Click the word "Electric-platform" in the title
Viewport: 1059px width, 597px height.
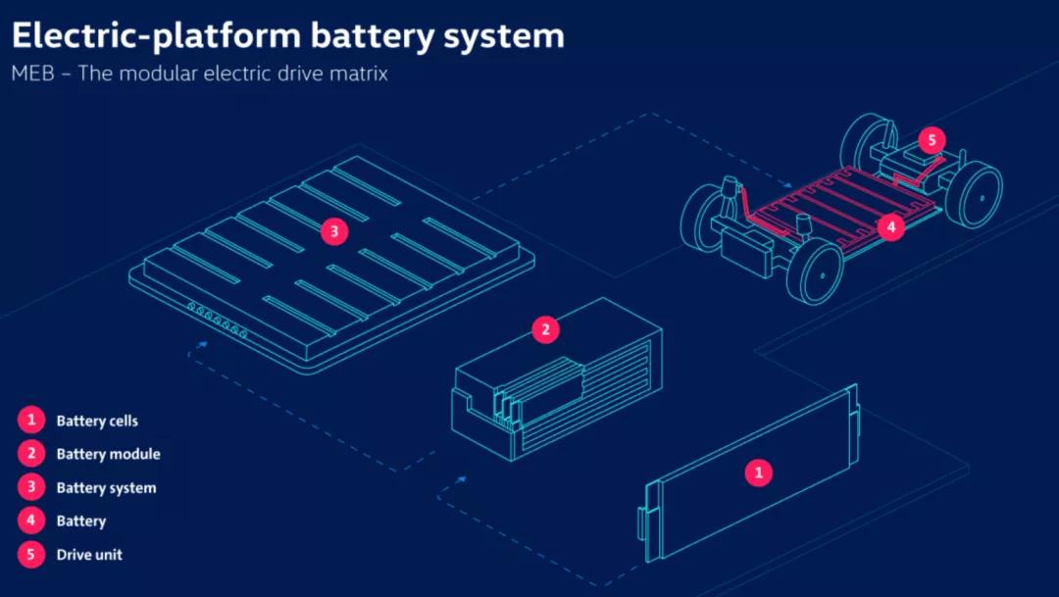[x=156, y=36]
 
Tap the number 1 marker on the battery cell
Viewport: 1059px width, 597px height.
[x=757, y=473]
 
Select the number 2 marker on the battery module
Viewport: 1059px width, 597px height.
[x=545, y=329]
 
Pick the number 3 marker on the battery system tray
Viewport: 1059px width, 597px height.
[x=334, y=232]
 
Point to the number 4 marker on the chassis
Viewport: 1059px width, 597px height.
[x=890, y=227]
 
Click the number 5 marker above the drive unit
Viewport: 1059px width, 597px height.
[x=932, y=139]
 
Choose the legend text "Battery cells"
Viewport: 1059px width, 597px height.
[x=97, y=422]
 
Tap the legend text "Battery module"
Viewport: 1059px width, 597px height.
[x=108, y=455]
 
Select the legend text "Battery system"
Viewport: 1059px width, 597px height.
[x=106, y=488]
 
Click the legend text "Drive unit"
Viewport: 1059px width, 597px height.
[x=89, y=555]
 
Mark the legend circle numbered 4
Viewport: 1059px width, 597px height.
[x=31, y=521]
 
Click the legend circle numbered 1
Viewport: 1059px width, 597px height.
[x=31, y=421]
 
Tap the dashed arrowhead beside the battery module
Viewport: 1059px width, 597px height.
[x=462, y=479]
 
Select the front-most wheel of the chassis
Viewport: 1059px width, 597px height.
[x=815, y=272]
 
